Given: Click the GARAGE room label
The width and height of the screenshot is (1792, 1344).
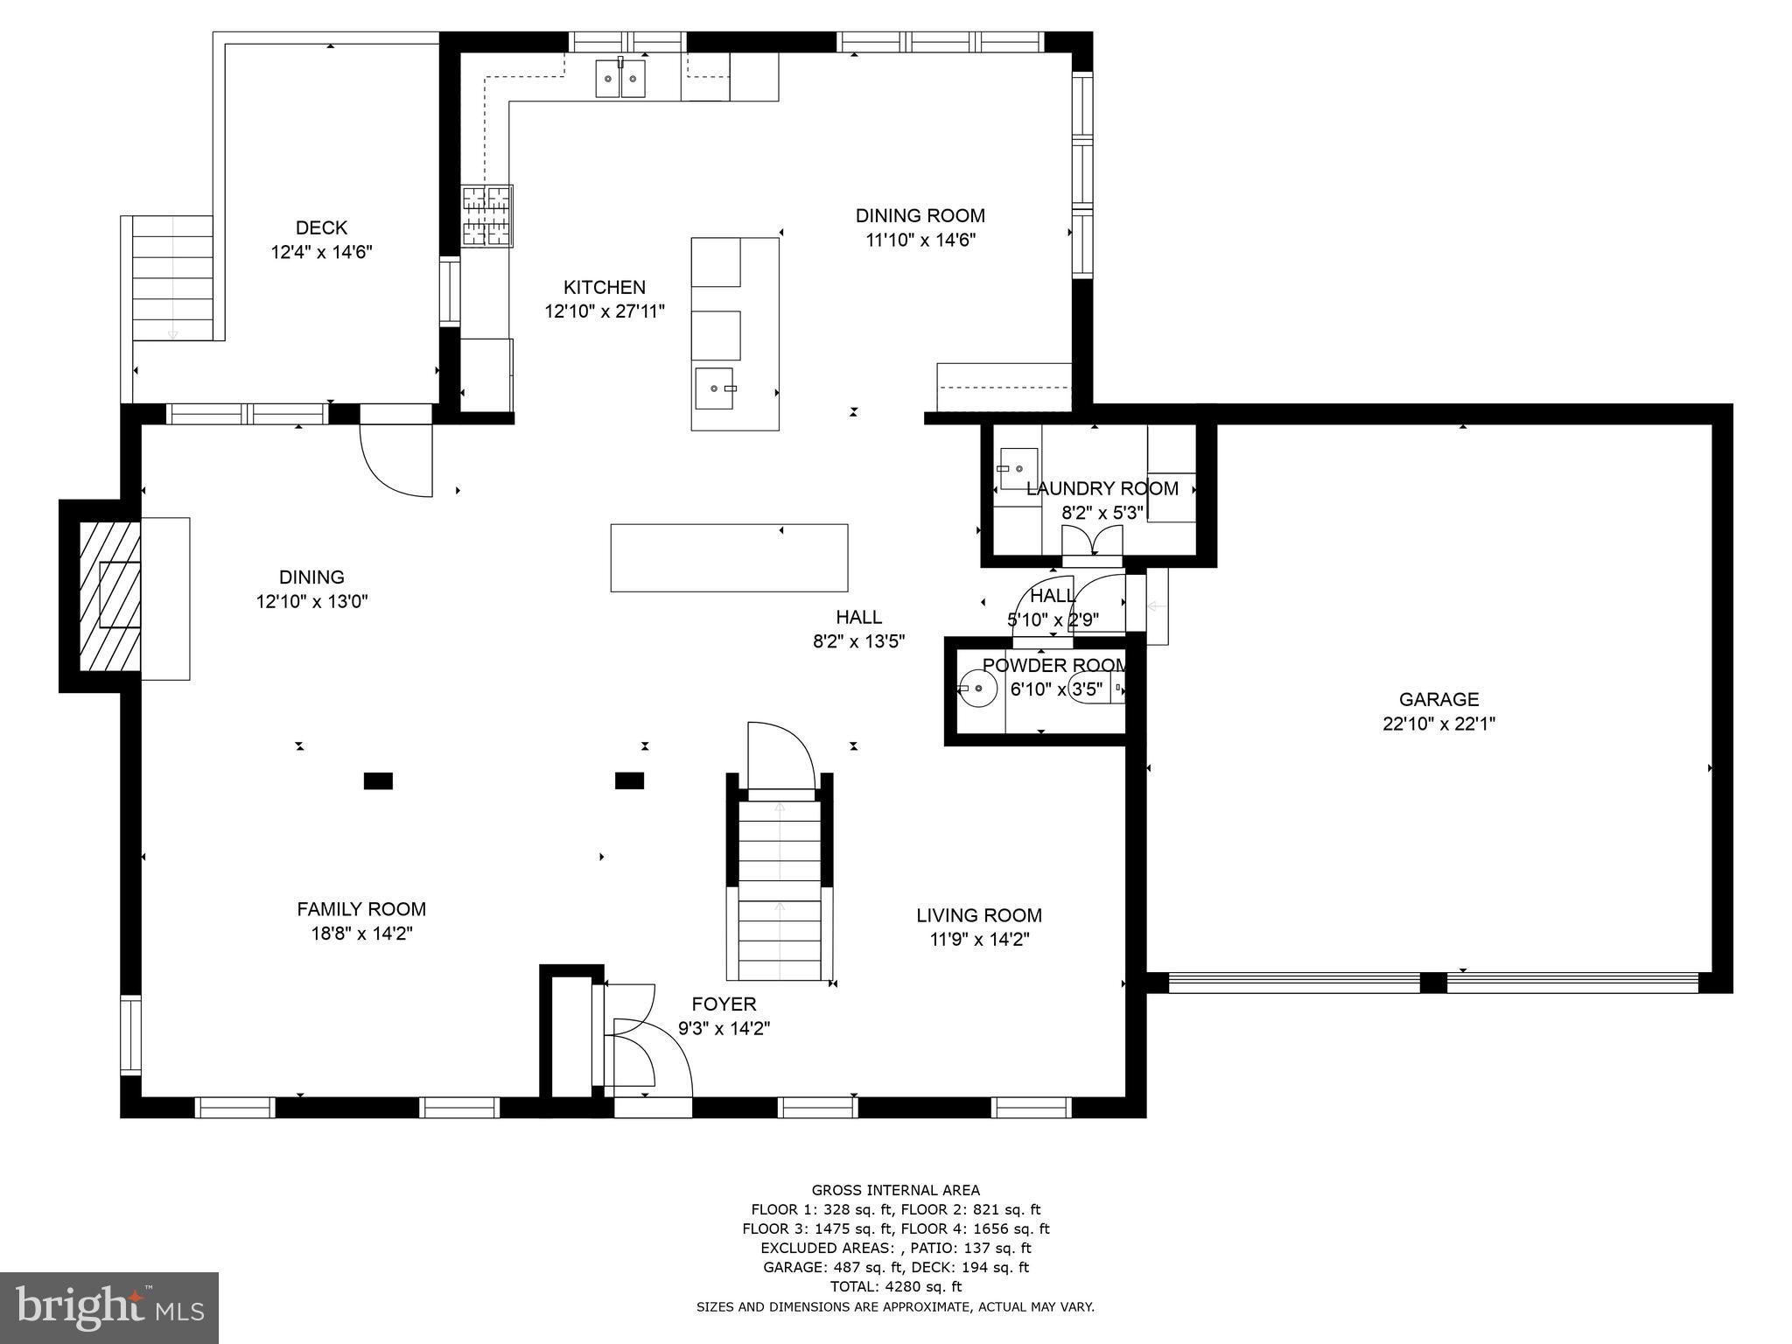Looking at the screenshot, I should coord(1438,699).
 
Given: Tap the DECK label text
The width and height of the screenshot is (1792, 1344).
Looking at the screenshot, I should coord(321,227).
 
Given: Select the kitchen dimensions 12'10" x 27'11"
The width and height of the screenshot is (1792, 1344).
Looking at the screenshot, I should coord(605,311).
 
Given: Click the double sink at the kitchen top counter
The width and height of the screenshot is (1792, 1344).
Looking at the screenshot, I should coord(620,79).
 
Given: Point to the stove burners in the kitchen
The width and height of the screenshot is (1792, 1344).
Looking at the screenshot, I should coord(487,216).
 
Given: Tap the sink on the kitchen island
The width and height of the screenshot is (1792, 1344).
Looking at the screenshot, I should coord(716,388).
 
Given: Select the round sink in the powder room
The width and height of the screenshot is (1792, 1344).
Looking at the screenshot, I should coord(978,689).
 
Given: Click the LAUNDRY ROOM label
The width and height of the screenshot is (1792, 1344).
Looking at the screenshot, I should coord(1102,488).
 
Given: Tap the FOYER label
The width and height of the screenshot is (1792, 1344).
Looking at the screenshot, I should coord(724,1004).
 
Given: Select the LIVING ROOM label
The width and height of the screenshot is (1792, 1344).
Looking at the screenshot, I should coord(978,915).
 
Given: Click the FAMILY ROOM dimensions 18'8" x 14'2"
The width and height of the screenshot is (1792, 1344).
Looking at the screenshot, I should coord(361,934).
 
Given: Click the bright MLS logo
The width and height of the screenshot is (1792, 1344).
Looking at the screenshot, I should coord(109,1308).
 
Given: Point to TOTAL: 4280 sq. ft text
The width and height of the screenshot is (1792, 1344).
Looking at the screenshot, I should coord(895,1286).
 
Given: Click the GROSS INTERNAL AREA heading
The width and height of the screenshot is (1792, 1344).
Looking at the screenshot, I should coord(895,1190).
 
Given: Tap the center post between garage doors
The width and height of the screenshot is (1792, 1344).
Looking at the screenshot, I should coord(1432,983).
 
